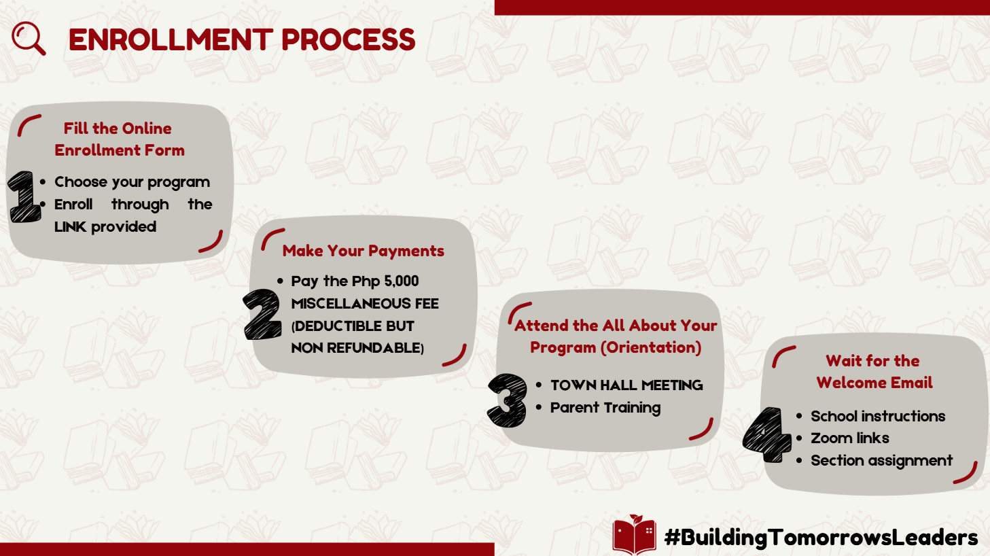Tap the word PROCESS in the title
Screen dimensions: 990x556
(x=349, y=39)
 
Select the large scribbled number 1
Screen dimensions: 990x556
(x=24, y=196)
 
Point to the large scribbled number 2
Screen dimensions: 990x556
(x=262, y=314)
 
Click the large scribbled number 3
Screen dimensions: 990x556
(x=508, y=400)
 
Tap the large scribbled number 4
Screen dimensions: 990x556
(x=767, y=435)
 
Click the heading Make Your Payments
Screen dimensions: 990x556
(x=364, y=251)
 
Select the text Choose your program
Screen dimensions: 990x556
(x=132, y=182)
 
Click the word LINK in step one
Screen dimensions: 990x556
(x=70, y=227)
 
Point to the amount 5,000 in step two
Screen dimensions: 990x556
(x=402, y=281)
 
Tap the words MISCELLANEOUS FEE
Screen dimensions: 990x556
(x=365, y=304)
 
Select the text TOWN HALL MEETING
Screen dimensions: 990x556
(x=626, y=385)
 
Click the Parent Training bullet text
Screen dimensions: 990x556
(x=605, y=408)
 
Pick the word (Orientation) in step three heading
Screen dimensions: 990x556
(x=651, y=347)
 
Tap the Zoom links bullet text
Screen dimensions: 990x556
(x=850, y=438)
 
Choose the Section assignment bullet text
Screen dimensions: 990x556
(x=882, y=461)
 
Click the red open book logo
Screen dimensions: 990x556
(x=634, y=534)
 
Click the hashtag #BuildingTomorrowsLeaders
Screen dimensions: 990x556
(x=821, y=538)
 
